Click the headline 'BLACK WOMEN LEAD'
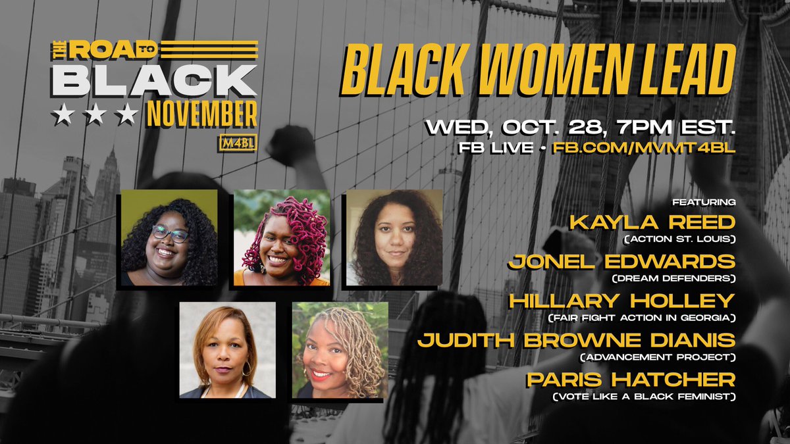pyautogui.click(x=539, y=72)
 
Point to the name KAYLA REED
pyautogui.click(x=652, y=222)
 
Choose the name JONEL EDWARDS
pyautogui.click(x=621, y=261)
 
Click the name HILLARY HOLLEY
pyautogui.click(x=621, y=301)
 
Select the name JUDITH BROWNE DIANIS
pyautogui.click(x=576, y=340)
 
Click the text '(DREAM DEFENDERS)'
pyautogui.click(x=673, y=279)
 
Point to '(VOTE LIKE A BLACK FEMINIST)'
pyautogui.click(x=644, y=397)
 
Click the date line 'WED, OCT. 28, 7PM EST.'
pyautogui.click(x=580, y=126)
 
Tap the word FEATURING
pyautogui.click(x=703, y=202)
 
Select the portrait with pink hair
pyautogui.click(x=282, y=237)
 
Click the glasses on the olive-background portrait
pyautogui.click(x=171, y=233)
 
